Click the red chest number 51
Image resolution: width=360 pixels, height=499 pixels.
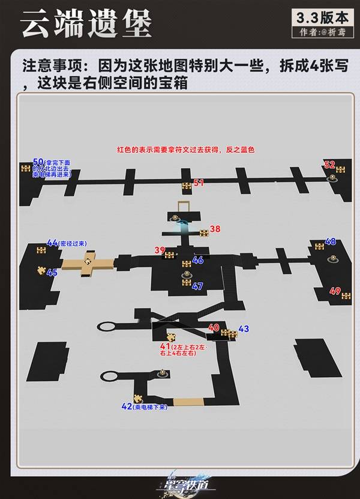tap(199, 183)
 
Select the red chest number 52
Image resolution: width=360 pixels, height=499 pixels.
tap(329, 165)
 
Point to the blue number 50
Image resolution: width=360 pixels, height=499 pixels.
tap(38, 162)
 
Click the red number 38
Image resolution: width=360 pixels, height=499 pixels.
tap(215, 229)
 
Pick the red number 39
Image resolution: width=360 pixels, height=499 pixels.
tap(159, 250)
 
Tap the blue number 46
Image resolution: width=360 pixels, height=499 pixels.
tap(197, 260)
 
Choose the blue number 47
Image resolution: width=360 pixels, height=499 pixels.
tap(197, 286)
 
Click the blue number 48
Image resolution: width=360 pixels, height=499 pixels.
tap(330, 241)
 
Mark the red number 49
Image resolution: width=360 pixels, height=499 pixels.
tap(335, 291)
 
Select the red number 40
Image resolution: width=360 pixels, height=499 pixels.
tap(214, 327)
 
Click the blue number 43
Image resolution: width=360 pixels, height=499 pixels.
tap(243, 328)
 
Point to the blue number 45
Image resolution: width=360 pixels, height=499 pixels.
tap(52, 273)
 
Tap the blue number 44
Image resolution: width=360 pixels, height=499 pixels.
tap(52, 243)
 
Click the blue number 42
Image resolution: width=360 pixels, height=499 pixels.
tap(127, 407)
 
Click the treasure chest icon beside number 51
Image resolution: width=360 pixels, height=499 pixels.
tap(187, 184)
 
